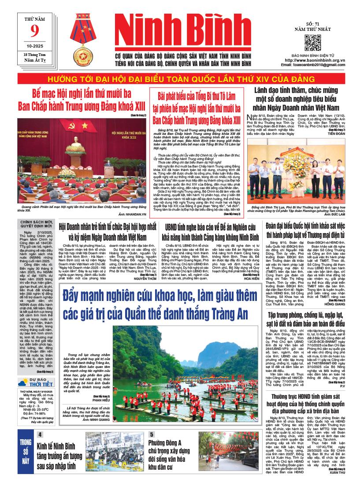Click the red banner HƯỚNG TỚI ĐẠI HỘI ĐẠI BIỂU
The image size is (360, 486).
[180, 79]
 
